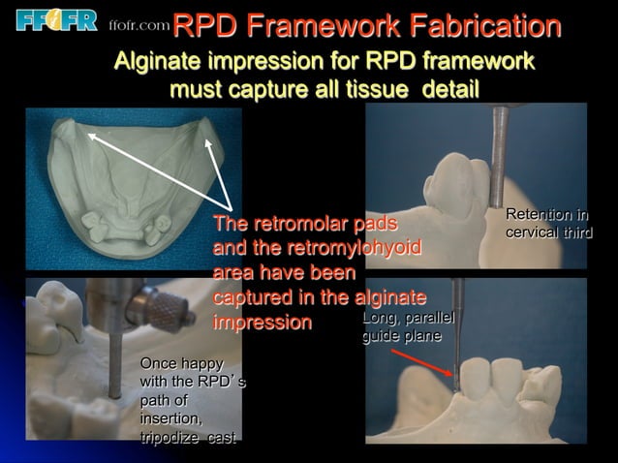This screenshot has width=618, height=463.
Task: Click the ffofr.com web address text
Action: [139, 25]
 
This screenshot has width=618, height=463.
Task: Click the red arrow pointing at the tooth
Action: [425, 363]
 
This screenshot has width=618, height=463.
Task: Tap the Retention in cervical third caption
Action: [547, 224]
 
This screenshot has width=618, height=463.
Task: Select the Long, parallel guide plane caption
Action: [407, 326]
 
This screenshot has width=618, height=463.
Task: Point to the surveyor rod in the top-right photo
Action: [500, 155]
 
